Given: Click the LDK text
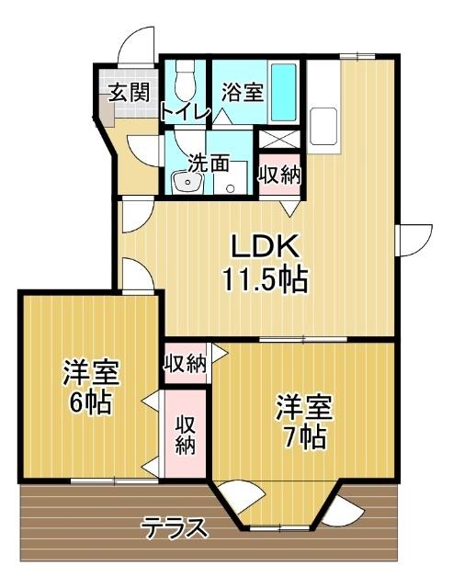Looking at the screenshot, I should coord(263,246).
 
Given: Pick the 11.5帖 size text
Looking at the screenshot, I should coord(263,277).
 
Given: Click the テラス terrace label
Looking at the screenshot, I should coord(175,528).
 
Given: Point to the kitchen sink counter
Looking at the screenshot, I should coord(325,119).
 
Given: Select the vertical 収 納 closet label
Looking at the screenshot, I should coord(186,435).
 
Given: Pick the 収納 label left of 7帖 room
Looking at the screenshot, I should coord(185,363).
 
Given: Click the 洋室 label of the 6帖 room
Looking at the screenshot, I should coord(90,373).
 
